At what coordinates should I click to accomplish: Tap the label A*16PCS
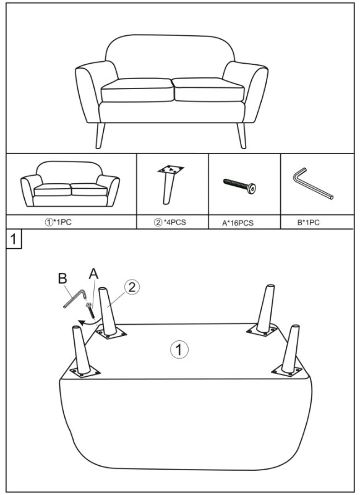[x=238, y=223]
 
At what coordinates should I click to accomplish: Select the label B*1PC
[x=308, y=223]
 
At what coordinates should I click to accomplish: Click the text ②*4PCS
[x=169, y=222]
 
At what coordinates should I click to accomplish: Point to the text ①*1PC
[x=58, y=222]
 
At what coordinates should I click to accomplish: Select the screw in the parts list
[x=239, y=186]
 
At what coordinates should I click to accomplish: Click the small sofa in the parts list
[x=70, y=184]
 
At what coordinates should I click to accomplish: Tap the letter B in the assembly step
[x=62, y=278]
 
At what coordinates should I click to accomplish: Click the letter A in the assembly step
[x=93, y=273]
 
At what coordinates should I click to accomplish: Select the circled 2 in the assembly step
[x=132, y=287]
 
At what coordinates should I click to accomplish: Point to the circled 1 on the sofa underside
[x=179, y=350]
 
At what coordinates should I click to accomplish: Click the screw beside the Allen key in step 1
[x=90, y=310]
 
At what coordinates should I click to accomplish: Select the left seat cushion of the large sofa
[x=137, y=90]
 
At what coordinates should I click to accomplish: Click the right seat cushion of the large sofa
[x=209, y=90]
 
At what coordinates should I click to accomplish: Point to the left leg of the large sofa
[x=100, y=135]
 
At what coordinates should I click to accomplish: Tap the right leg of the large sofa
[x=241, y=135]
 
